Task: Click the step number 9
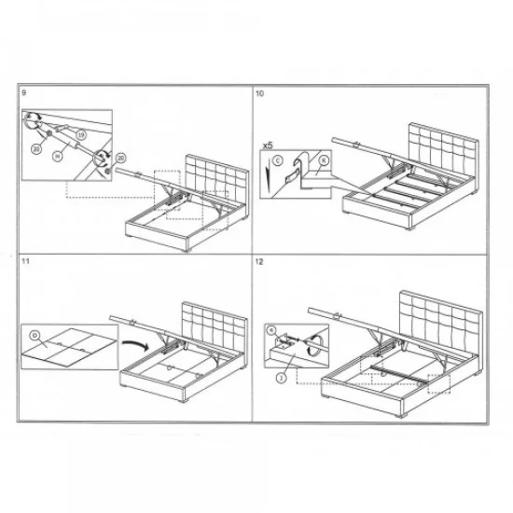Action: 23,94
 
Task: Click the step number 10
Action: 260,94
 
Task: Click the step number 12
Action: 260,264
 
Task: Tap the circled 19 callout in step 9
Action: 80,135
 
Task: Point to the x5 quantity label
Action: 268,146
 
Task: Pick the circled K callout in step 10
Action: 323,159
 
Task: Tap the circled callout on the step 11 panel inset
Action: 35,333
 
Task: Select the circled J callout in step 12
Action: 279,378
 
